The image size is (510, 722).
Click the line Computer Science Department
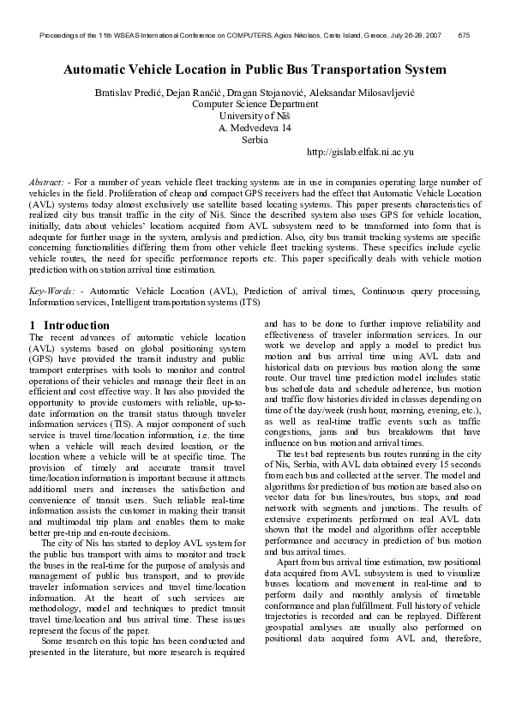[x=255, y=102]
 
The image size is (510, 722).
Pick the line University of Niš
[x=255, y=115]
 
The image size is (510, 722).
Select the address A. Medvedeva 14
[x=255, y=127]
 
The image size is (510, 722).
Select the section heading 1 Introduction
[x=69, y=325]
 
